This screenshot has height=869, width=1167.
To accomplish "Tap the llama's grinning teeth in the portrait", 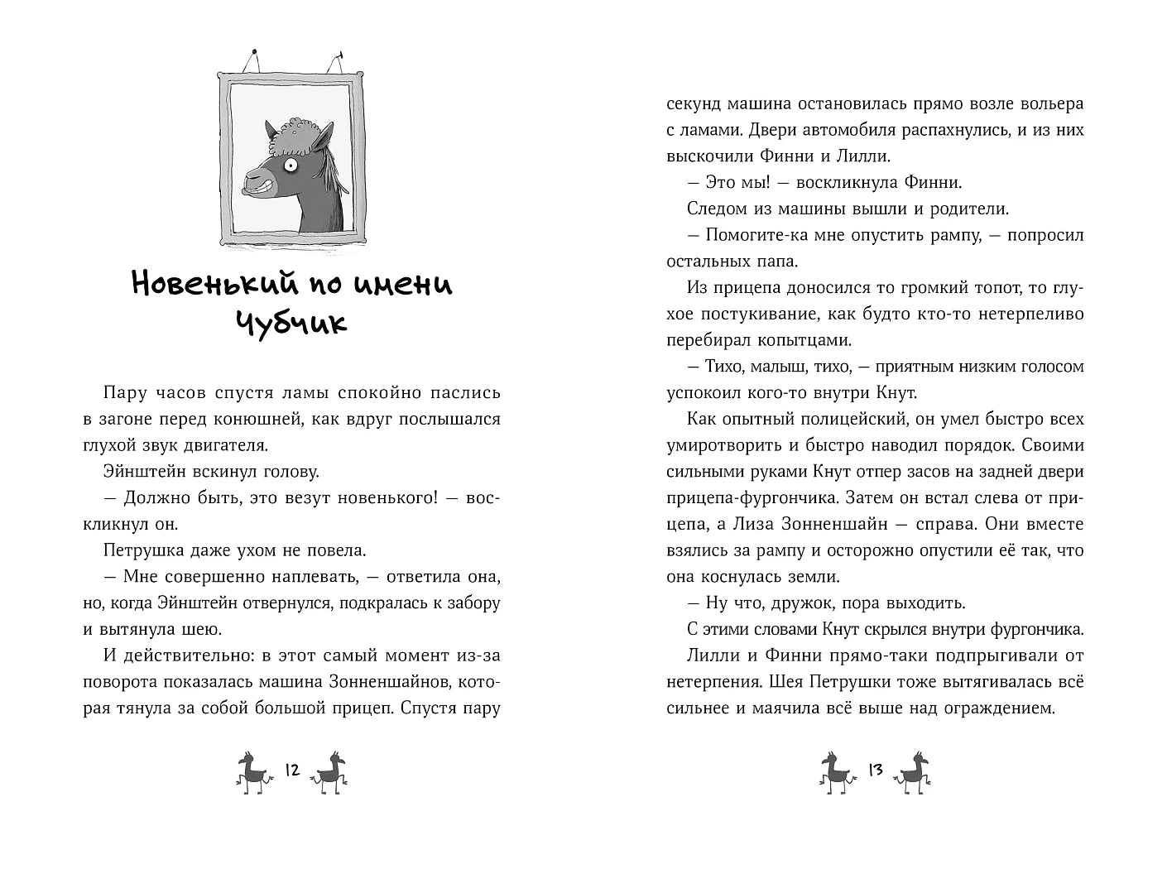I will pyautogui.click(x=262, y=184).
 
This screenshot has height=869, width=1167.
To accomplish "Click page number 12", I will pyautogui.click(x=291, y=771).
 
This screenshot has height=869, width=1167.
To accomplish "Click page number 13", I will pyautogui.click(x=875, y=771).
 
